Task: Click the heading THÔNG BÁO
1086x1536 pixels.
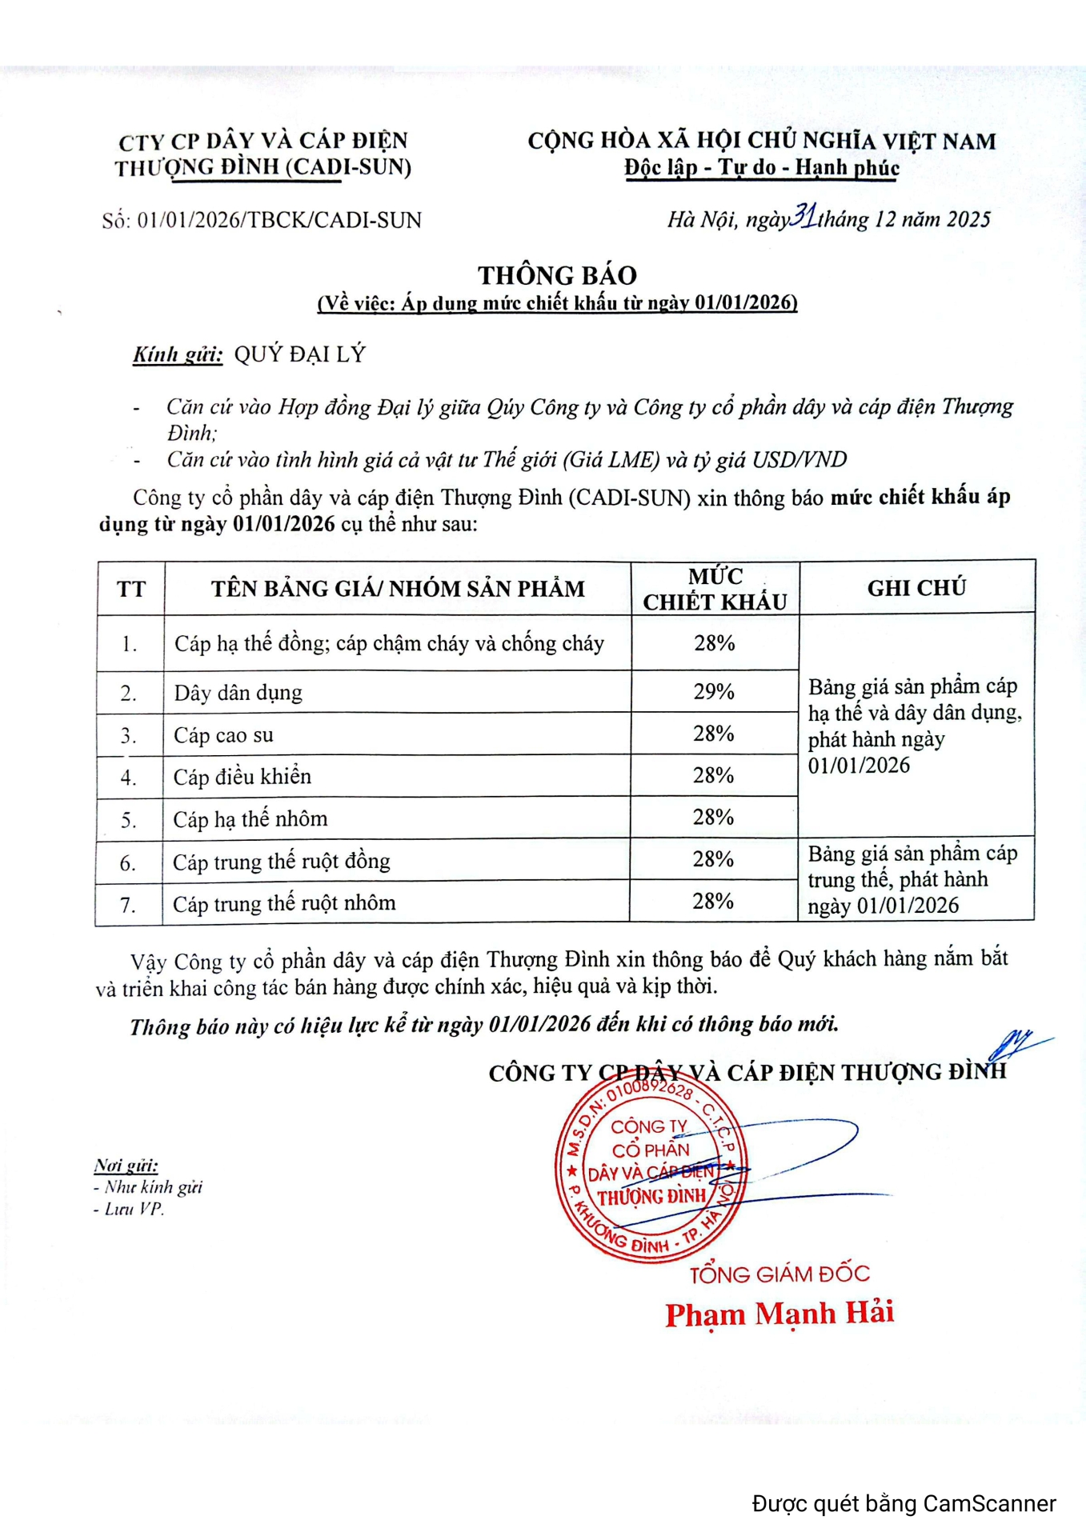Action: [557, 275]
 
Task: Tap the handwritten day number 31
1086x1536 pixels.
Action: [803, 216]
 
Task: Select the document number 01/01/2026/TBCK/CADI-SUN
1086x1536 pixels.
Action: [279, 220]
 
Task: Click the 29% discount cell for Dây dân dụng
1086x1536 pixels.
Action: [714, 691]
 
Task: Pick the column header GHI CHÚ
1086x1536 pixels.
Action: [916, 588]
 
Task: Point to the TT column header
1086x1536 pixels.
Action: [131, 590]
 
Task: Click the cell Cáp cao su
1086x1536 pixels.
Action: [223, 735]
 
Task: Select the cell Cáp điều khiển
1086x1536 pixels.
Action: [242, 777]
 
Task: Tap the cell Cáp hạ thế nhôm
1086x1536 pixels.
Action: [250, 819]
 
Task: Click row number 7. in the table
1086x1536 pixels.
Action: [128, 905]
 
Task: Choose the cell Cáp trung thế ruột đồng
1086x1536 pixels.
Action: [282, 862]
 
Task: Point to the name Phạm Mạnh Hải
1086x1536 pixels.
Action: [779, 1314]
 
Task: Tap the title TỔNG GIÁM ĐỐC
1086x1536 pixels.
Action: [779, 1274]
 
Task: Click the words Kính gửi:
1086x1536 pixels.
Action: [178, 354]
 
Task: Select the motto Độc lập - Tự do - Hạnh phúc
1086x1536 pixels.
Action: [762, 168]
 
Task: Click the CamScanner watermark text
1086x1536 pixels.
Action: [904, 1504]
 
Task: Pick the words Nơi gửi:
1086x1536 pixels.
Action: [126, 1165]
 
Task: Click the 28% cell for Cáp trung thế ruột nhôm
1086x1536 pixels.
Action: [713, 902]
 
